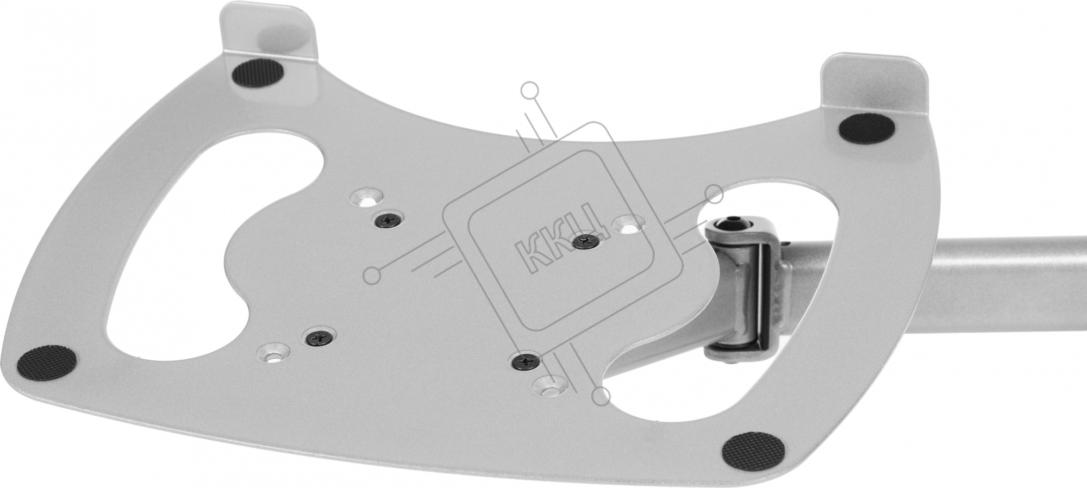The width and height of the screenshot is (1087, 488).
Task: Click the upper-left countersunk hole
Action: tap(365, 198)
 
